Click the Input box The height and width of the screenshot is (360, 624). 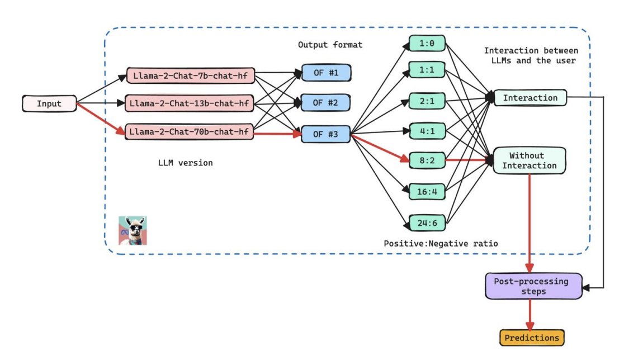49,103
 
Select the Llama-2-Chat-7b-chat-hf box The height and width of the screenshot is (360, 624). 191,74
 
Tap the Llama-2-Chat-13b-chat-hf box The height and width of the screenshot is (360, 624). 191,103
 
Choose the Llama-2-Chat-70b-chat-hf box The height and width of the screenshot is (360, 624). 191,132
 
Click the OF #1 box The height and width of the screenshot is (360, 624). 325,73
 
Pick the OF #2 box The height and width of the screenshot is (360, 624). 325,103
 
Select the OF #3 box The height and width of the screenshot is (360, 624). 325,134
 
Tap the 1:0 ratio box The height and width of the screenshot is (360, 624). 427,42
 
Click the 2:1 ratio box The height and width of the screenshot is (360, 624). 427,101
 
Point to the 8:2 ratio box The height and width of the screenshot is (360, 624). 427,160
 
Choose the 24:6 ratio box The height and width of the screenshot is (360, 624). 427,222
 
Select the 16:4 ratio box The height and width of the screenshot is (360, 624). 427,192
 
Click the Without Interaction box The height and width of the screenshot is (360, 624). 529,160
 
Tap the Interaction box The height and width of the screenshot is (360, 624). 530,98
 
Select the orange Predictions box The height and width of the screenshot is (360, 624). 532,338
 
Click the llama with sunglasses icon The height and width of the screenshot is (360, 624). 133,230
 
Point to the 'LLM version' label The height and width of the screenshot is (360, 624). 186,163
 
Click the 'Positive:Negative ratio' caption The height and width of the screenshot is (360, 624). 441,244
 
